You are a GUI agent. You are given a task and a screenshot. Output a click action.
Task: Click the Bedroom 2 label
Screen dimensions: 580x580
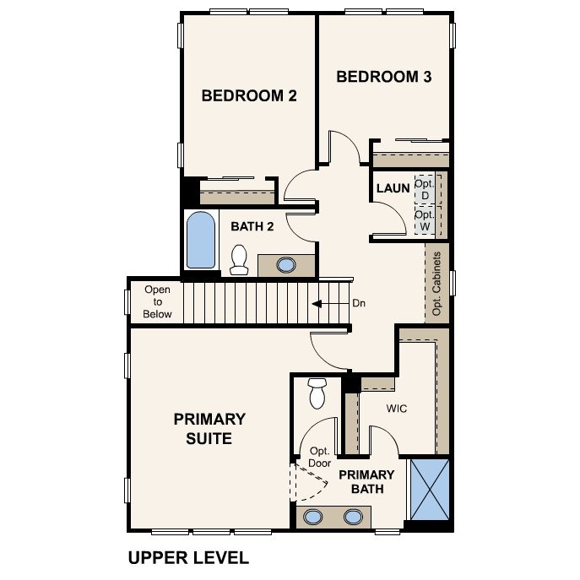point(249,95)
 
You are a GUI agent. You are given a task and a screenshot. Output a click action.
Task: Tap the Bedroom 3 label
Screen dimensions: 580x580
point(383,77)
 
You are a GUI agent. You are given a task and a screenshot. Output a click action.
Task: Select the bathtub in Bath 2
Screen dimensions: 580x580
point(200,240)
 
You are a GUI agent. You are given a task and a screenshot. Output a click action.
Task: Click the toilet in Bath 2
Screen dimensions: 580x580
point(239,260)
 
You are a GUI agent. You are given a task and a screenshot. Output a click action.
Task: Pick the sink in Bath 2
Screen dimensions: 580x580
point(286,265)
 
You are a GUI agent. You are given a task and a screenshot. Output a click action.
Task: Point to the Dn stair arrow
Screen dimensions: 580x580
point(331,304)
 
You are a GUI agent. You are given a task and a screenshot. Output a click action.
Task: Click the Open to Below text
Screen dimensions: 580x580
point(157,302)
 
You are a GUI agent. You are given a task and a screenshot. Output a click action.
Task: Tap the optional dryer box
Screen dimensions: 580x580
point(425,189)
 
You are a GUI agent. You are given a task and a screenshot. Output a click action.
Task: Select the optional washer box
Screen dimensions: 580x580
point(425,220)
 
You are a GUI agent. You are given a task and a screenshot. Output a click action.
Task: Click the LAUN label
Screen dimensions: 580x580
point(393,188)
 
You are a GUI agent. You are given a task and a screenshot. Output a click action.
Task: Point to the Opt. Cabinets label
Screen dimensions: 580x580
point(436,284)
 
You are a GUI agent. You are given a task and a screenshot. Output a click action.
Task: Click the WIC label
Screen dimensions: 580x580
point(397,409)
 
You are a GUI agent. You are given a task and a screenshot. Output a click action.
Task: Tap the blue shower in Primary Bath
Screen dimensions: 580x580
point(430,490)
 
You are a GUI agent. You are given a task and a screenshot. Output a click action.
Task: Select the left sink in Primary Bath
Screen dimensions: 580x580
point(313,517)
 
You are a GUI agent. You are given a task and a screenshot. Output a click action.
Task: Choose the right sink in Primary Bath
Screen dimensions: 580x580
point(353,517)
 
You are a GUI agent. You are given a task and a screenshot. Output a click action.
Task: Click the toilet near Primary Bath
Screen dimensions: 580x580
point(317,393)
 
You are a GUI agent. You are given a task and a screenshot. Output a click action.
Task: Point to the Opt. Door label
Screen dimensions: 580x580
point(320,458)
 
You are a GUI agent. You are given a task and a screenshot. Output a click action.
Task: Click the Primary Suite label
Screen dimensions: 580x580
point(209,429)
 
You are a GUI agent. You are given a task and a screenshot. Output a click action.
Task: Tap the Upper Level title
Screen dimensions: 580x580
point(188,558)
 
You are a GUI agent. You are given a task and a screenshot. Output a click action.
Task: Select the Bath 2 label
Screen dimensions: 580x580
point(252,226)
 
